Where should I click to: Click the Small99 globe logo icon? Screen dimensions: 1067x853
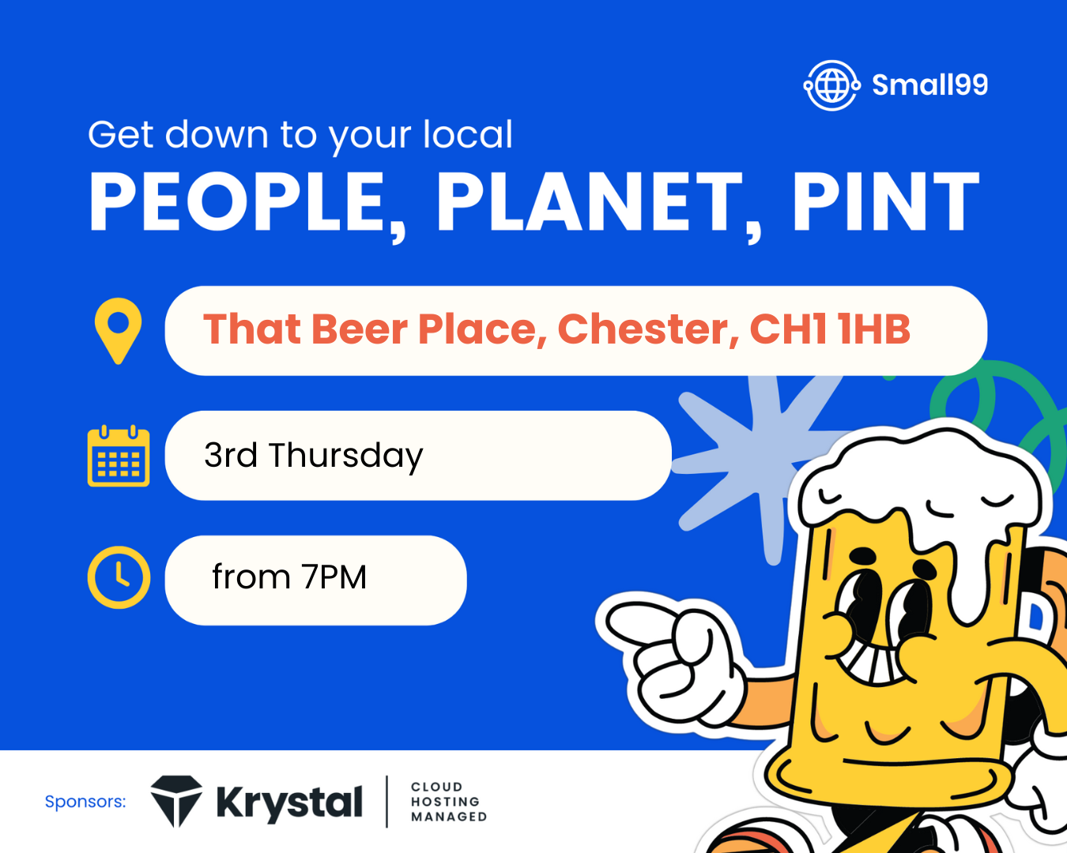click(x=832, y=85)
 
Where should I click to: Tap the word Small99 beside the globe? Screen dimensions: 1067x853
click(x=929, y=85)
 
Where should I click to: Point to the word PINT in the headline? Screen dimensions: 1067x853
click(x=886, y=201)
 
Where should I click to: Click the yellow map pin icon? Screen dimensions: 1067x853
click(x=118, y=331)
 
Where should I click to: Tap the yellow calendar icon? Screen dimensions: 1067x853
click(x=119, y=456)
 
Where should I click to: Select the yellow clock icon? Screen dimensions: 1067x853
click(x=119, y=577)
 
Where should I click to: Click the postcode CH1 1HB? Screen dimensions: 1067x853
click(x=830, y=329)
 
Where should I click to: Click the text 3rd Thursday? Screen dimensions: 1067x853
click(x=313, y=456)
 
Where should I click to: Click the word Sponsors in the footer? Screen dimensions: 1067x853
click(x=85, y=802)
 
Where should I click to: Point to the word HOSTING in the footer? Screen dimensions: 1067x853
click(x=445, y=802)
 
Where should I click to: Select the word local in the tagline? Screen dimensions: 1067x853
click(x=468, y=134)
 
